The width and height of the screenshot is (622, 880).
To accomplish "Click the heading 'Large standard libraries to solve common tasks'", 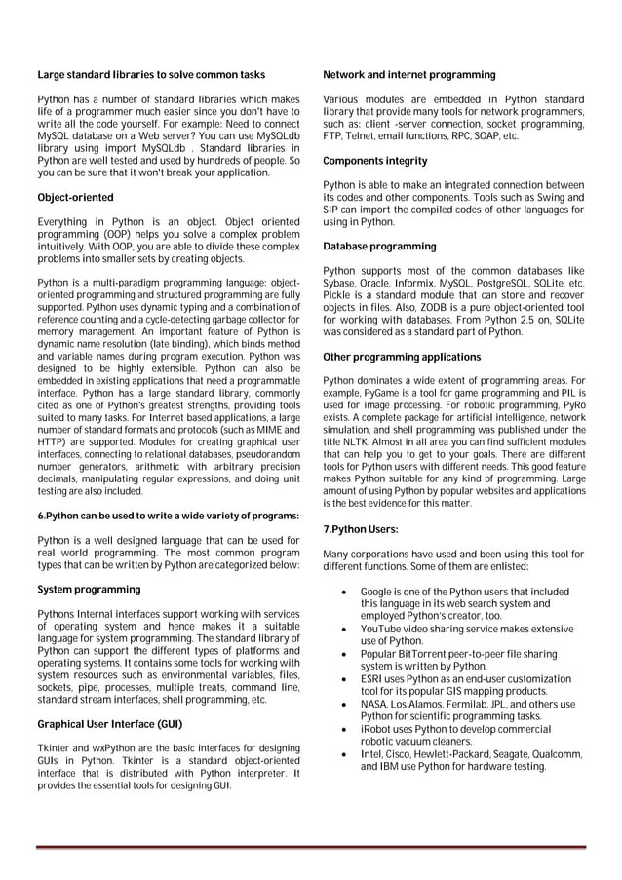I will [150, 75].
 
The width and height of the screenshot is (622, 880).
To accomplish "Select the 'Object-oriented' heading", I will [75, 198].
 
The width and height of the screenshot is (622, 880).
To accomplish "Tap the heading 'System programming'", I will [89, 590].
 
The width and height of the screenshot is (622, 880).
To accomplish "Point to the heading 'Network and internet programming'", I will [408, 75].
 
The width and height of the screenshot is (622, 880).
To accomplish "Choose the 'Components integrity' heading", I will [374, 161].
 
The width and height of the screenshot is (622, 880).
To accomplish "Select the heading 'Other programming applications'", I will [402, 357].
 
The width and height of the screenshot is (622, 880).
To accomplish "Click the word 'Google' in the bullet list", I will [376, 592].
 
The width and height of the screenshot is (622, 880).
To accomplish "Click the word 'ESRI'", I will [372, 679].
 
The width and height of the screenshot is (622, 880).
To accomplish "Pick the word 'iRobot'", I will [376, 729].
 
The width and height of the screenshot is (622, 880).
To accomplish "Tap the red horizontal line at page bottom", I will [310, 847].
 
